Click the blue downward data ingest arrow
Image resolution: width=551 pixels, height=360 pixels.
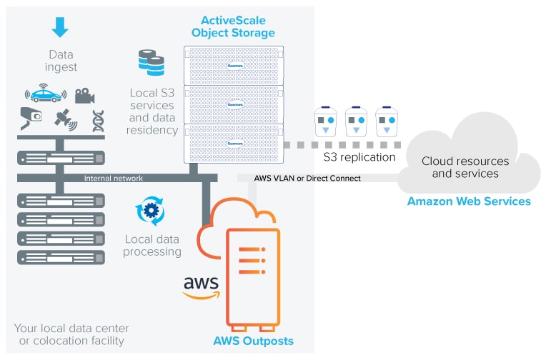(x=60, y=27)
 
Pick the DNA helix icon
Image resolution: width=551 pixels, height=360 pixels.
(x=98, y=121)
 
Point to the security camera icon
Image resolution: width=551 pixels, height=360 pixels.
(x=30, y=119)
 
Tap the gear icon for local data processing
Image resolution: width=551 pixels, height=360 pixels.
(x=150, y=211)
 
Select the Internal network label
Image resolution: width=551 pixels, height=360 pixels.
(x=113, y=179)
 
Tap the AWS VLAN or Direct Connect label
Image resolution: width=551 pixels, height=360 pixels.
(x=307, y=178)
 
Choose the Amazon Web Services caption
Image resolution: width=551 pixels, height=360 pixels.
(x=468, y=201)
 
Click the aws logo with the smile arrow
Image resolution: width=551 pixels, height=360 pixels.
(x=201, y=285)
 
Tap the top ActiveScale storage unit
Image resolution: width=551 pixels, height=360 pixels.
(x=234, y=65)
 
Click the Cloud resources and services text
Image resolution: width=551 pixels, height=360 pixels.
(x=465, y=167)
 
